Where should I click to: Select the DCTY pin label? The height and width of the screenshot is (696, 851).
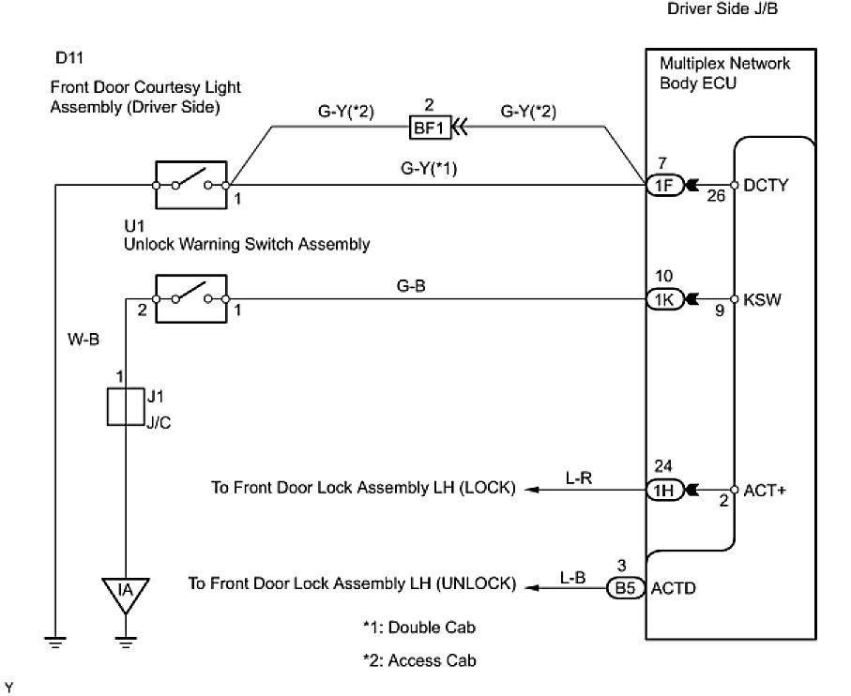(762, 186)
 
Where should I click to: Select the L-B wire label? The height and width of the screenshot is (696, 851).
(572, 578)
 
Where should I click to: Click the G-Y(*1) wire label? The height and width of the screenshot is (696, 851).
(428, 169)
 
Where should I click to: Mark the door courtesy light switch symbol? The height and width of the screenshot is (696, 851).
(190, 185)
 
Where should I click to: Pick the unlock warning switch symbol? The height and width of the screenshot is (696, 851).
(190, 299)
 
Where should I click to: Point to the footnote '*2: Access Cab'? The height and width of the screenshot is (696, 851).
(419, 660)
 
